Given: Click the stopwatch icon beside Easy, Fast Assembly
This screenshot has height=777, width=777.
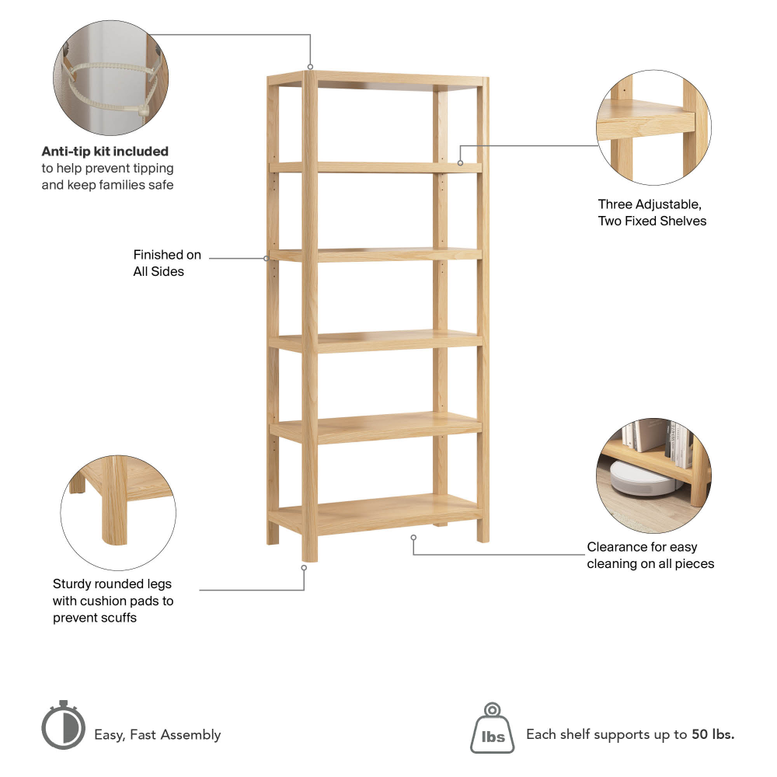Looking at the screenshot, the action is (63, 724).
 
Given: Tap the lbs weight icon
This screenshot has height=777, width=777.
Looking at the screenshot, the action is (492, 728).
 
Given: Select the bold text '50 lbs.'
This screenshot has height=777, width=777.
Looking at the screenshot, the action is (713, 734).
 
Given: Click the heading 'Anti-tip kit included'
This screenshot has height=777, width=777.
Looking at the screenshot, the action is (105, 152).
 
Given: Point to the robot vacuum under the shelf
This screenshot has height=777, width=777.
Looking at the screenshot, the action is (640, 479).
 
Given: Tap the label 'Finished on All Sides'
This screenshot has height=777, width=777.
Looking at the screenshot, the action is (167, 263).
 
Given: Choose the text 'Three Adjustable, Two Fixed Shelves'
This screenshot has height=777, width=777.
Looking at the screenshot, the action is (652, 213).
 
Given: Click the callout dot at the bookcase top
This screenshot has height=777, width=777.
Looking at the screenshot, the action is (310, 67).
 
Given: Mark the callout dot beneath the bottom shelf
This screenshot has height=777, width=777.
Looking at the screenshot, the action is (413, 538).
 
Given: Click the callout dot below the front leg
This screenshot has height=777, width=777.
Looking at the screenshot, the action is (304, 568).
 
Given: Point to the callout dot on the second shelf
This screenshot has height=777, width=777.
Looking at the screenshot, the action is (460, 163).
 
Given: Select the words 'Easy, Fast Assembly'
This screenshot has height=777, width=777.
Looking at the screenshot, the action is (158, 735).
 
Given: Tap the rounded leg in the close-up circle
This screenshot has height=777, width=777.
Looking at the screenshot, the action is (116, 500).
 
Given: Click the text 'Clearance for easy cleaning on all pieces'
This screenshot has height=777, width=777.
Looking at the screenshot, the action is (650, 555).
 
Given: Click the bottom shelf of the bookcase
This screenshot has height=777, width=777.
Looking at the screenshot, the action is (375, 514).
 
